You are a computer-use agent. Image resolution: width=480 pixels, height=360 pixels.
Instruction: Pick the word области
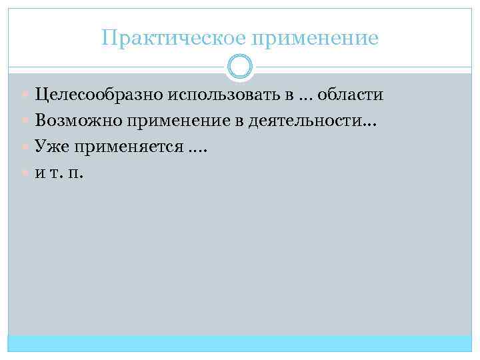tap(351, 95)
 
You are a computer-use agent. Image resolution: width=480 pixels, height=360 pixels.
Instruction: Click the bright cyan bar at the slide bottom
tap(240, 343)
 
